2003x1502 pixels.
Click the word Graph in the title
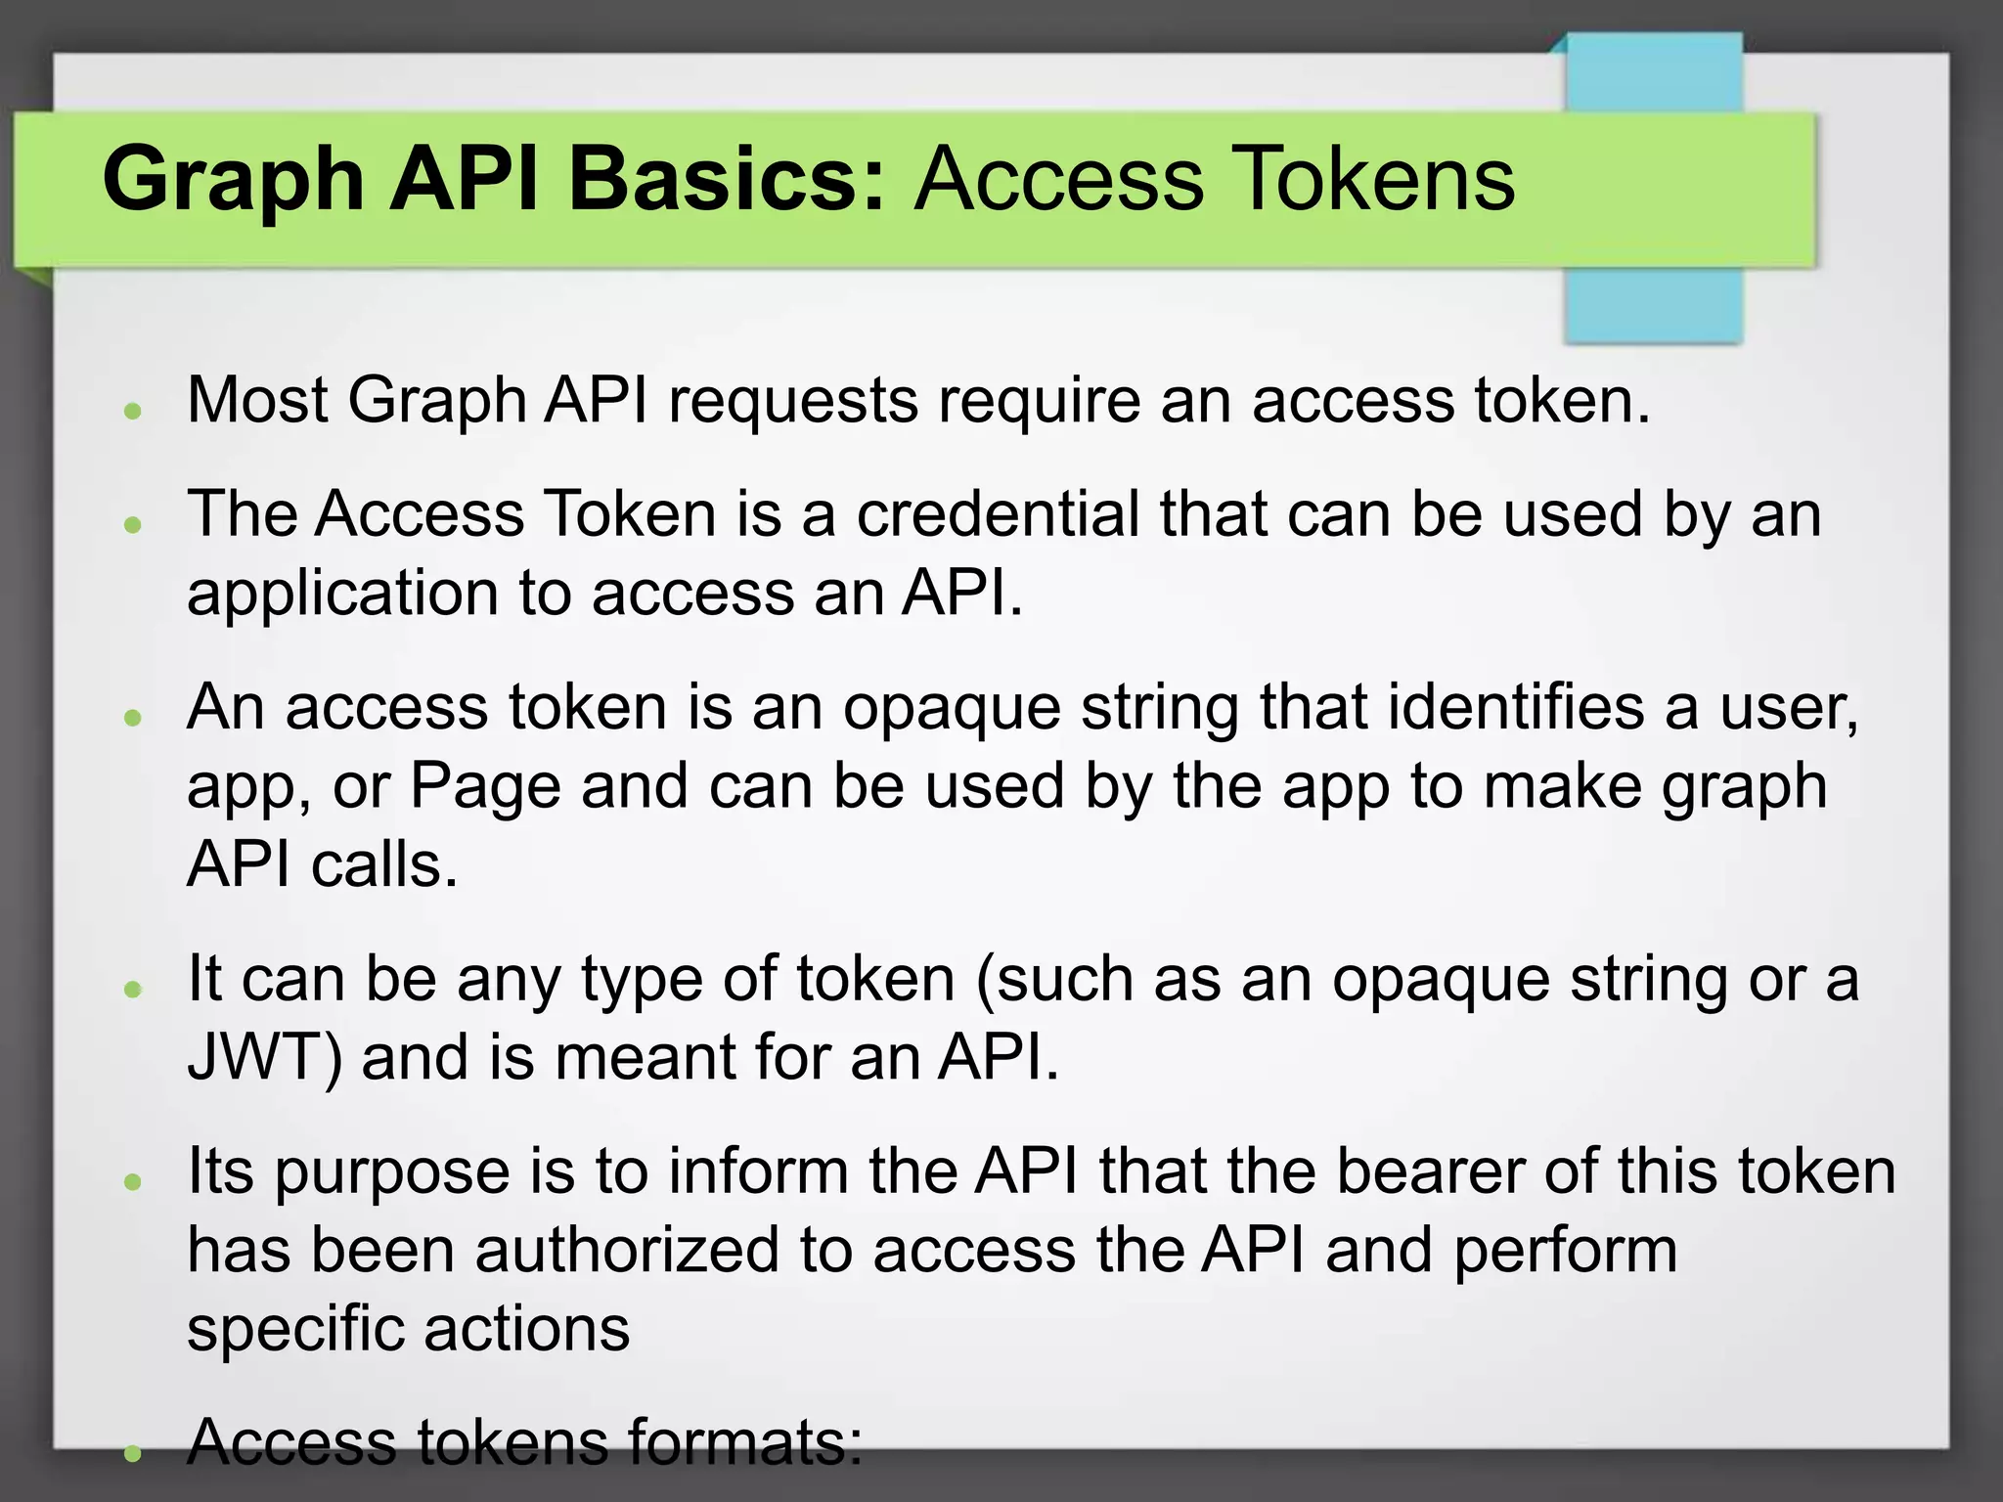235,181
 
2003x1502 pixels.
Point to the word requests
793,402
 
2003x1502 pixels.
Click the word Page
484,787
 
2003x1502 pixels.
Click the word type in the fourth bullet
642,980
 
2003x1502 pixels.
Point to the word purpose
391,1173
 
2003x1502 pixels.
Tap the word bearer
1429,1171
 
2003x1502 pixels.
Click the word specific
294,1330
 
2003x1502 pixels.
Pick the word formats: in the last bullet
744,1443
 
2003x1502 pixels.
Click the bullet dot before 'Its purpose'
134,1182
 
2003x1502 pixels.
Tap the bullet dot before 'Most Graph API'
134,411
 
